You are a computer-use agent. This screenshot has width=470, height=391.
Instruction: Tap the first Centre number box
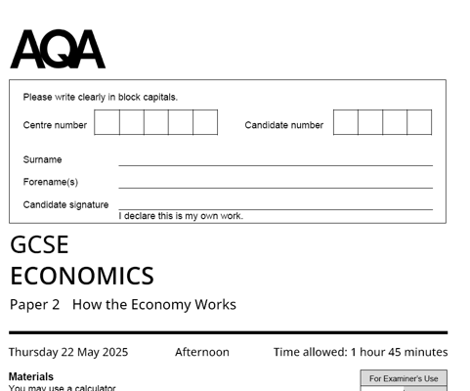point(107,122)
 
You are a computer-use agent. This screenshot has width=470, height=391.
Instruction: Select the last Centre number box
point(205,122)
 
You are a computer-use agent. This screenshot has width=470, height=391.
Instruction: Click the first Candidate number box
point(346,122)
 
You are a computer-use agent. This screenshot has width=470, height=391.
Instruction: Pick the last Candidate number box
point(419,122)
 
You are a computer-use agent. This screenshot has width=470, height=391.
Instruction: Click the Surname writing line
point(275,164)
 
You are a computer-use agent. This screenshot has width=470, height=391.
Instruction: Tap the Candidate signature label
point(65,204)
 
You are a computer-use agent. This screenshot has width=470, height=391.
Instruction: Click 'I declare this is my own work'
point(181,216)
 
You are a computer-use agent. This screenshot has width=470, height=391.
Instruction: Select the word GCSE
point(40,245)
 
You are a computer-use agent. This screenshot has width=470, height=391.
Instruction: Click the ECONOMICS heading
point(82,276)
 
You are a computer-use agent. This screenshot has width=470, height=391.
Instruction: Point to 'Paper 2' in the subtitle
point(34,304)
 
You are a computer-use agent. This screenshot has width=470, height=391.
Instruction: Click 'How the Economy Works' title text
point(154,304)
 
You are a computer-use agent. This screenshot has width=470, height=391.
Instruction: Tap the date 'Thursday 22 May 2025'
point(68,352)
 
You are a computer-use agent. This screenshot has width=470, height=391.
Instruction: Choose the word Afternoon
point(202,352)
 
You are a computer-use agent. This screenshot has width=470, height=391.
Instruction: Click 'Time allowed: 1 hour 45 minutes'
point(361,352)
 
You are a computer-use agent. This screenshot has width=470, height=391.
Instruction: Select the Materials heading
point(31,376)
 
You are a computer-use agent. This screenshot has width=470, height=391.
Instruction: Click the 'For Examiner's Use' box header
point(404,378)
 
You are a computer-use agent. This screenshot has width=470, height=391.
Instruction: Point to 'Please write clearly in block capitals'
point(101,97)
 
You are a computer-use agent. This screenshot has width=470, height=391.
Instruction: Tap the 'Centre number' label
point(55,125)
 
